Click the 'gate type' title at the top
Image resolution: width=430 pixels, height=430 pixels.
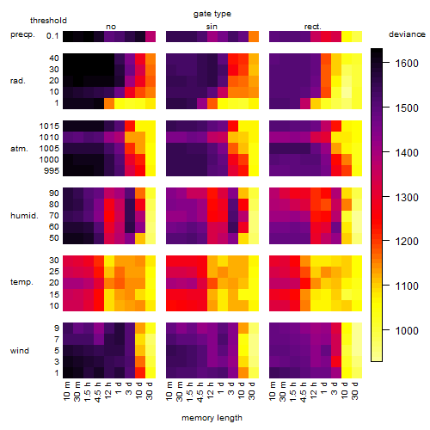(212, 14)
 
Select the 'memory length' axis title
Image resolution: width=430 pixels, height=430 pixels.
(212, 418)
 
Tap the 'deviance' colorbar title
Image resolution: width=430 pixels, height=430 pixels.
(407, 34)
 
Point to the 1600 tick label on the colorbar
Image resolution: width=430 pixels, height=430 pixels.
(407, 63)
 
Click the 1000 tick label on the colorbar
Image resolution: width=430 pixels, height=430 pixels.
(407, 330)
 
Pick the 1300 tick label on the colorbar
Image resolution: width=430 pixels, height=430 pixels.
(407, 197)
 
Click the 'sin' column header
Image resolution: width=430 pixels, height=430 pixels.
(212, 27)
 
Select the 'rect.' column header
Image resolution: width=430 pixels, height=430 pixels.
(313, 27)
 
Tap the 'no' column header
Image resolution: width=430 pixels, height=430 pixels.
(111, 27)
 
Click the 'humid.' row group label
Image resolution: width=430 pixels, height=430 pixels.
(24, 216)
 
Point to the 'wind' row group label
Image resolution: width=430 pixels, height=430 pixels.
(20, 351)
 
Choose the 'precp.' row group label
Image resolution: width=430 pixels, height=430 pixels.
(22, 34)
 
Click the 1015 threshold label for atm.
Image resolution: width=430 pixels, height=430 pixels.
(49, 126)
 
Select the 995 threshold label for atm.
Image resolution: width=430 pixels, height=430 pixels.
(52, 171)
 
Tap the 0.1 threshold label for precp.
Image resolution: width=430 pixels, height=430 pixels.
(52, 36)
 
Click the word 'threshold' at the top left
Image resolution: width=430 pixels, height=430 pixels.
(48, 21)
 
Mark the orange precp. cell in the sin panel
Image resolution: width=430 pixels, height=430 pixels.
(254, 37)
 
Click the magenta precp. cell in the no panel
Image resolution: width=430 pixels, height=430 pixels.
(150, 37)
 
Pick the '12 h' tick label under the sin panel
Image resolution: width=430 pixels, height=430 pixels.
(211, 390)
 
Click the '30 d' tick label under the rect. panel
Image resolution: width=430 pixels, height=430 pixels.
(355, 390)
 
